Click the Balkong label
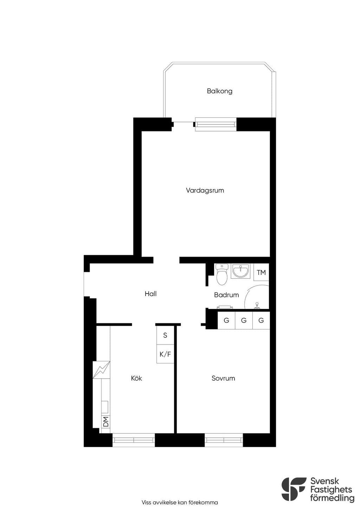pyautogui.click(x=219, y=91)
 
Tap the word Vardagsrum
pyautogui.click(x=205, y=191)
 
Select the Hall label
pyautogui.click(x=150, y=294)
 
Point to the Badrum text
pyautogui.click(x=226, y=295)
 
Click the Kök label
pyautogui.click(x=136, y=378)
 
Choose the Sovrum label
pyautogui.click(x=223, y=378)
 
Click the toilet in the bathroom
pyautogui.click(x=222, y=275)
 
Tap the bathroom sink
pyautogui.click(x=240, y=271)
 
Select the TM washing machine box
pyautogui.click(x=261, y=272)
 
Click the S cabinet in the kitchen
pyautogui.click(x=165, y=335)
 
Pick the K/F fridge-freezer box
pyautogui.click(x=165, y=354)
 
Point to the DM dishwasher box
pyautogui.click(x=106, y=422)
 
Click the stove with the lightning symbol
pyautogui.click(x=101, y=370)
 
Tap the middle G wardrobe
pyautogui.click(x=244, y=320)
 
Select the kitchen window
pyautogui.click(x=134, y=440)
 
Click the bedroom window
pyautogui.click(x=224, y=440)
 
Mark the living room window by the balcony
pyautogui.click(x=216, y=124)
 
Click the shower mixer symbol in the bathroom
pyautogui.click(x=257, y=305)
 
